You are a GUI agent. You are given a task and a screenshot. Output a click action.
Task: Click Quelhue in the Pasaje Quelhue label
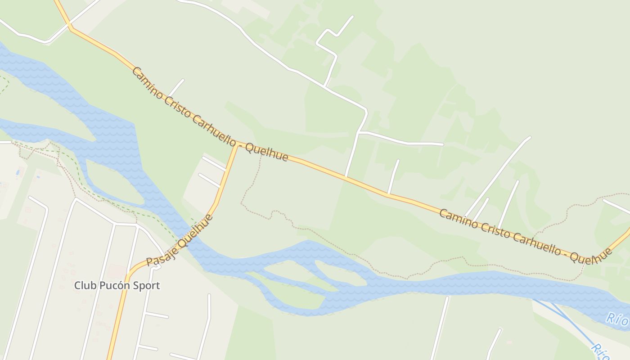click(194, 232)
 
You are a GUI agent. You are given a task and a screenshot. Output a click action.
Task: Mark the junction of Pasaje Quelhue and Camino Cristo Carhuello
click(237, 145)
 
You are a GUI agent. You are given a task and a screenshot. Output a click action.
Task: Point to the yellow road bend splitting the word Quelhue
click(587, 257)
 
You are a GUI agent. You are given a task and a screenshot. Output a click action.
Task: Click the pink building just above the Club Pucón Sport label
click(117, 271)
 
